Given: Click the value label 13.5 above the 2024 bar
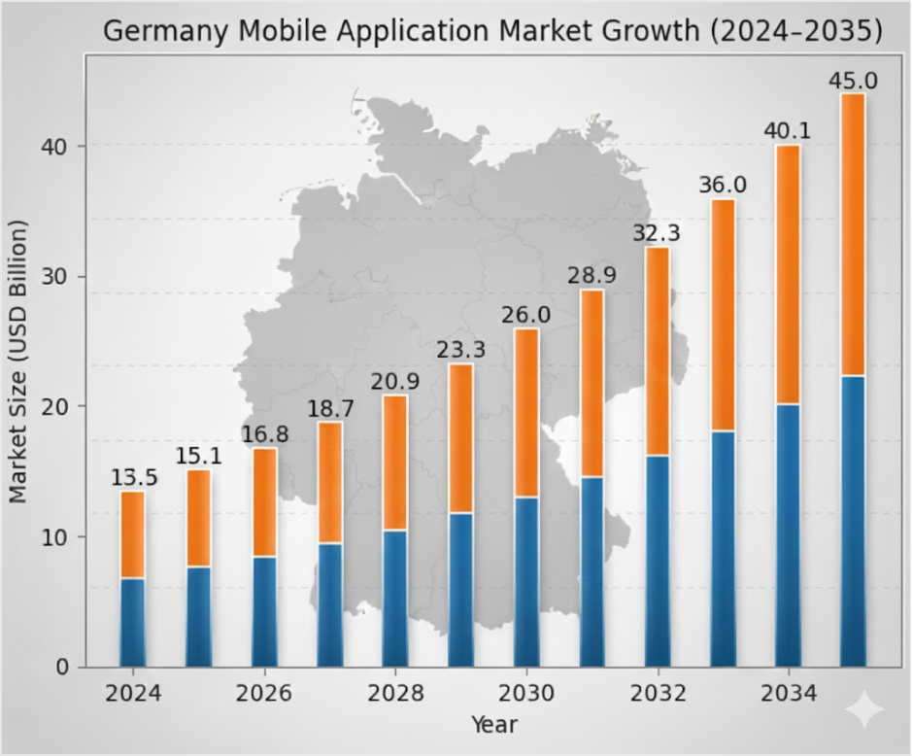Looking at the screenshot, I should pos(132,478).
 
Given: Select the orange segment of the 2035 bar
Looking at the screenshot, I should pos(853,233).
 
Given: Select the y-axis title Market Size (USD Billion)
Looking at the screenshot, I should pos(18,361).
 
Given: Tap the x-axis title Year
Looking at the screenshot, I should pos(493,724).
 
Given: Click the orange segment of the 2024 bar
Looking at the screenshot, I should pos(132,534).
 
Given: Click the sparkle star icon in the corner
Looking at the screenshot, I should pos(862,710).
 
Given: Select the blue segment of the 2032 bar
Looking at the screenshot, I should pos(658,560).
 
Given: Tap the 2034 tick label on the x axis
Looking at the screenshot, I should pos(788,694).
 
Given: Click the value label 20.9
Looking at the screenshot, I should pos(395,382).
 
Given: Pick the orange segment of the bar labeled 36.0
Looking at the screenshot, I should pos(723,315).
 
